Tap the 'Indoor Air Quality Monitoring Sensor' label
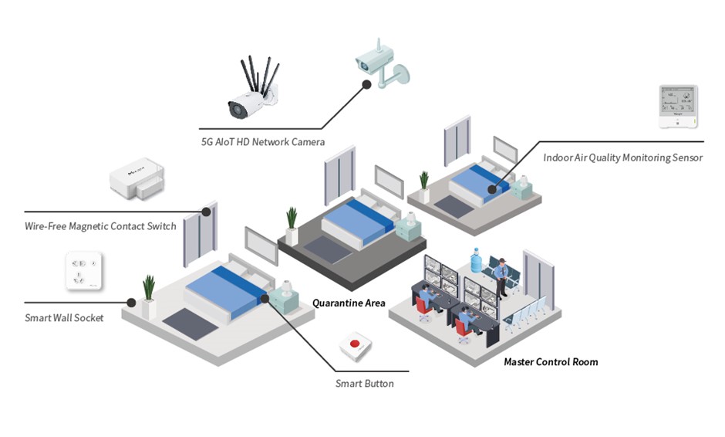pyautogui.click(x=622, y=158)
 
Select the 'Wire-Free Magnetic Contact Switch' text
pyautogui.click(x=100, y=226)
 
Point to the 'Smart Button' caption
pyautogui.click(x=364, y=383)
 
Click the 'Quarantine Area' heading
pyautogui.click(x=349, y=303)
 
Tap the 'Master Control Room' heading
pyautogui.click(x=551, y=361)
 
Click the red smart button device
pyautogui.click(x=356, y=346)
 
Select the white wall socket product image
pyautogui.click(x=83, y=271)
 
